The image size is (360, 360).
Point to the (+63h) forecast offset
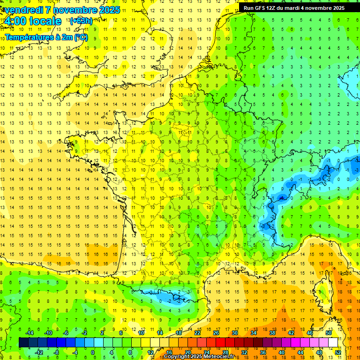tap(81, 21)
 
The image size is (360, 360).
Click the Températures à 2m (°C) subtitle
tap(46, 37)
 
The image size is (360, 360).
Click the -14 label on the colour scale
tap(30, 333)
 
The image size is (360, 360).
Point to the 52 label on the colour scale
tap(337, 352)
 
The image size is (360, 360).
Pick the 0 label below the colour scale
tap(92, 352)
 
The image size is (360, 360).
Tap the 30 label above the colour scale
tap(234, 333)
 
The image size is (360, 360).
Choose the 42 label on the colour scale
tap(291, 333)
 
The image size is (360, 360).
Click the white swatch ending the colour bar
tap(333, 343)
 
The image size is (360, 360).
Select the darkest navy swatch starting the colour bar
tap(23, 343)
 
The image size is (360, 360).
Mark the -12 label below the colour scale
tap(39, 352)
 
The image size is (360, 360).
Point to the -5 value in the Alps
tap(281, 199)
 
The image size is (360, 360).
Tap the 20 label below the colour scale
tap(187, 352)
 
